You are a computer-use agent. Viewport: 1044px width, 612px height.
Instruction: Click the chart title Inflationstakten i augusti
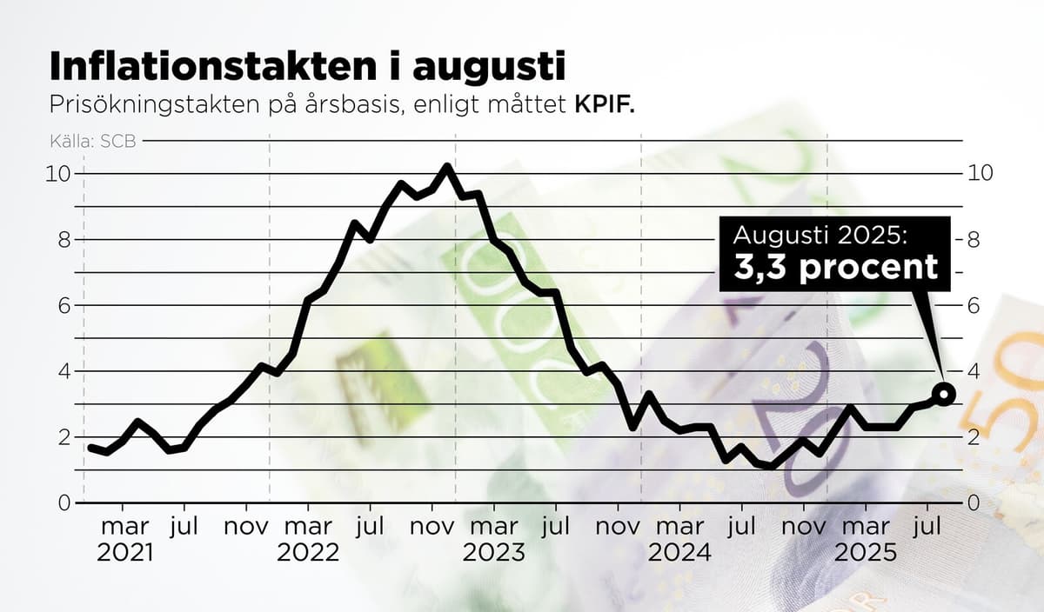tap(307, 66)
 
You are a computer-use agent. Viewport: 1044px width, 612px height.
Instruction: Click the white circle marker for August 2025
tap(945, 394)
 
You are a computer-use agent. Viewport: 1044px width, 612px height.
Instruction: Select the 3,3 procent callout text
tap(836, 267)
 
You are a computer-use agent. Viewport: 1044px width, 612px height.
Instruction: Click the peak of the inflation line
tap(446, 166)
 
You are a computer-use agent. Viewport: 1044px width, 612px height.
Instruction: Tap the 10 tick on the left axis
tap(57, 173)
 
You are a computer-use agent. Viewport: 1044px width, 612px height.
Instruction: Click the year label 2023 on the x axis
tap(493, 553)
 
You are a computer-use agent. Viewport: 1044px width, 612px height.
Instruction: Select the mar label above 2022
tap(308, 527)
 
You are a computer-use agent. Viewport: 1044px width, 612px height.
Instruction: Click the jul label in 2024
tap(740, 527)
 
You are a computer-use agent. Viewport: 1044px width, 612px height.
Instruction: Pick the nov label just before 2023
tap(432, 527)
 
